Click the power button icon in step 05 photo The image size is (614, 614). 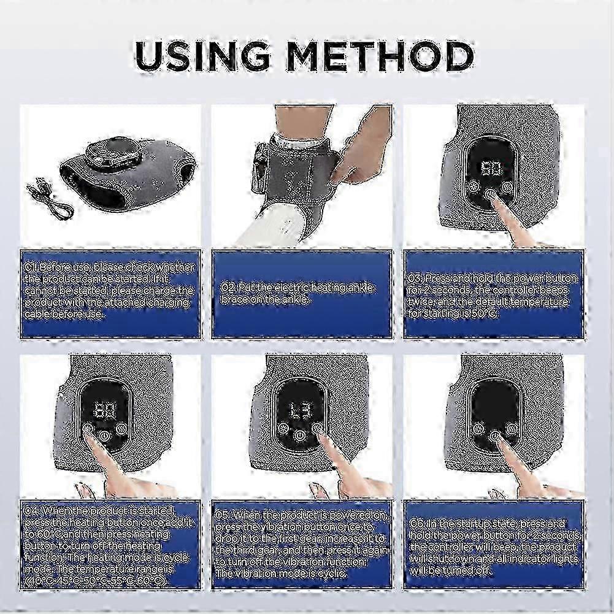(299, 434)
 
